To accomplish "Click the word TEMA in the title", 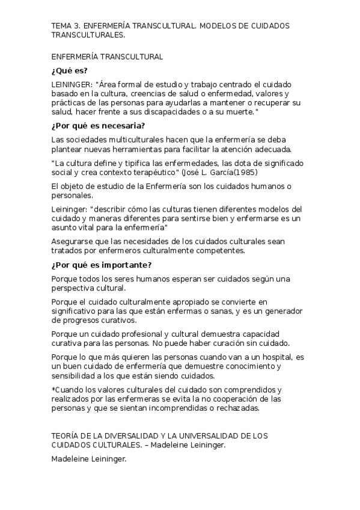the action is (x=61, y=26).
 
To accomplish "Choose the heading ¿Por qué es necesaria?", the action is (x=98, y=126).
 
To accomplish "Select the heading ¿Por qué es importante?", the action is (x=102, y=265).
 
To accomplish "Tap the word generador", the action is (x=282, y=311).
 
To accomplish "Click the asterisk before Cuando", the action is (x=53, y=390).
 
